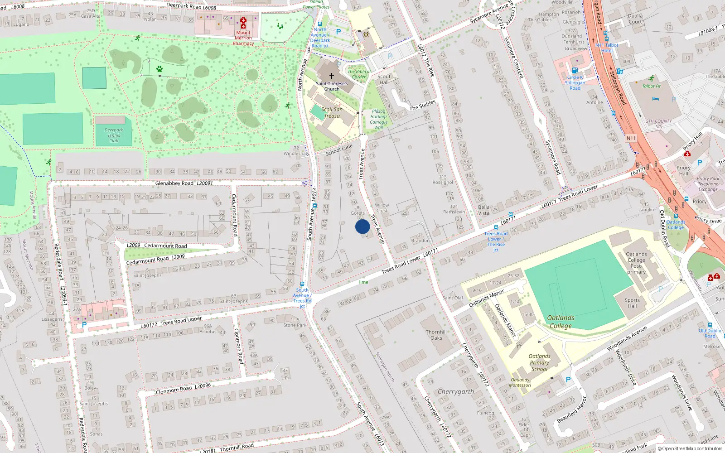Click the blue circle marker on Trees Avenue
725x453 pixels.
tap(362, 226)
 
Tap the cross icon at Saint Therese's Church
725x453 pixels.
tap(331, 76)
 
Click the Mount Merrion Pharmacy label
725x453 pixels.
tap(243, 38)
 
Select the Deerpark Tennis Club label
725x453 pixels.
tap(114, 135)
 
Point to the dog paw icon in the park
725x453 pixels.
tap(159, 69)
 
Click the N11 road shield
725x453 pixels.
tap(631, 138)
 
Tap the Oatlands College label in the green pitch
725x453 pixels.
tap(561, 322)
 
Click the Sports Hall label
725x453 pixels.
tap(632, 303)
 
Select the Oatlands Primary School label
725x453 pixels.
tap(539, 362)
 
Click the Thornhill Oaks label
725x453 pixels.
tap(436, 335)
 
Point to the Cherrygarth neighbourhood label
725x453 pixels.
tap(456, 391)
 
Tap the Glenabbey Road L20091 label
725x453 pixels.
tap(184, 183)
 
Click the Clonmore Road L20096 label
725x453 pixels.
tap(183, 389)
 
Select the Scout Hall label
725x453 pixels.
tap(384, 79)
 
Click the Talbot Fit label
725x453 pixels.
tap(651, 86)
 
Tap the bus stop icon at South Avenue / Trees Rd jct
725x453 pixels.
tap(302, 284)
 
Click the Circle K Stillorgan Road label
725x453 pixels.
tap(575, 82)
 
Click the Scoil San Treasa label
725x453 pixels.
tap(332, 112)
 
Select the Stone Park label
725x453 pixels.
tap(295, 325)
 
